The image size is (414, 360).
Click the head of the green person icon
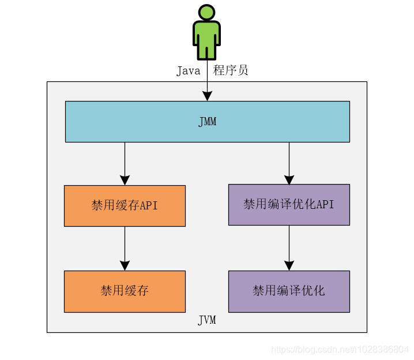point(206,13)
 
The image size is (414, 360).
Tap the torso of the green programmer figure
point(206,33)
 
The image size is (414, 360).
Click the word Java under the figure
point(188,71)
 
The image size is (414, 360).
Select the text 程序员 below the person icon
point(231,71)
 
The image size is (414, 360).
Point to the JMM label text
point(207,122)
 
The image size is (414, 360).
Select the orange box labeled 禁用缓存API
point(125,205)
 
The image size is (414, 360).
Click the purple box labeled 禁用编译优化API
point(289,204)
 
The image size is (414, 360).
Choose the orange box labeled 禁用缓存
point(125,291)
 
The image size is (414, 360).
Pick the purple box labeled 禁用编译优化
point(289,291)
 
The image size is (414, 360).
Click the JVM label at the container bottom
point(207,320)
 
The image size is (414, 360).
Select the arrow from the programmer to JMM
point(207,87)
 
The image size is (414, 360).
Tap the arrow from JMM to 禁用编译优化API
point(289,162)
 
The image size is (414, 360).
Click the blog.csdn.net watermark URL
point(340,350)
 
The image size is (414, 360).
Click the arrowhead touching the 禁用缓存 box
point(125,265)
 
